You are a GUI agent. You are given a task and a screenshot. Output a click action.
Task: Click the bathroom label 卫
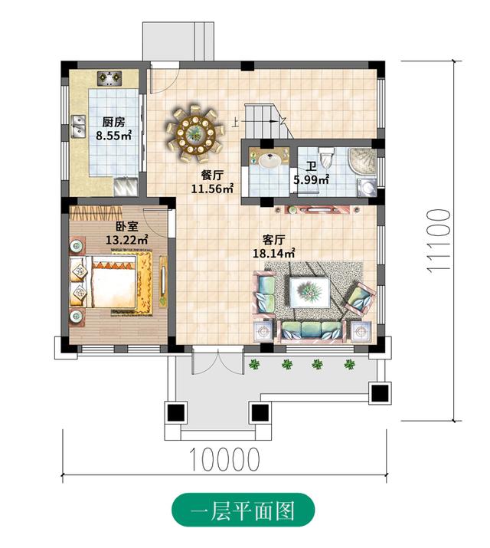(312, 166)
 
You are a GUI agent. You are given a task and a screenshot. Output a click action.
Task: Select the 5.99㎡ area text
(311, 180)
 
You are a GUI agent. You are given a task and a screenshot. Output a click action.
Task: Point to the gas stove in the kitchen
(111, 77)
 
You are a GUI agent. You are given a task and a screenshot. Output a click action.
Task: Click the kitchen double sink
(78, 125)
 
